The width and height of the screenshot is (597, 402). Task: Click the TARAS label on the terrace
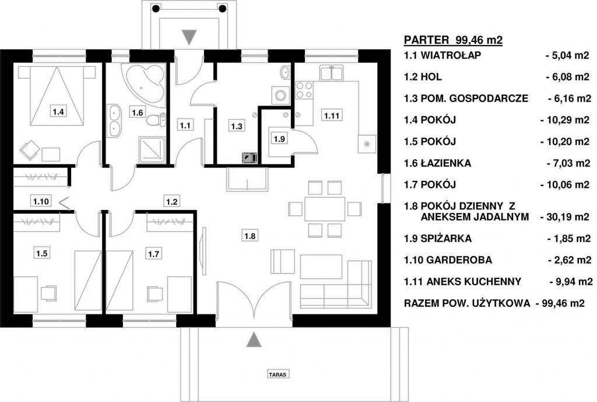pyautogui.click(x=278, y=374)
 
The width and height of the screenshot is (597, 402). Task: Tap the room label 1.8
pyautogui.click(x=250, y=236)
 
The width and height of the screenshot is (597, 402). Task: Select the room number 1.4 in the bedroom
pyautogui.click(x=58, y=111)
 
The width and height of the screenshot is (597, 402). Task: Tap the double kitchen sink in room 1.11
pyautogui.click(x=332, y=73)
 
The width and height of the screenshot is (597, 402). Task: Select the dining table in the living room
pyautogui.click(x=325, y=209)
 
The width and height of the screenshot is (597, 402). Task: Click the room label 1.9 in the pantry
pyautogui.click(x=279, y=139)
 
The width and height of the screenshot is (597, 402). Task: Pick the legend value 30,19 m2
pyautogui.click(x=565, y=217)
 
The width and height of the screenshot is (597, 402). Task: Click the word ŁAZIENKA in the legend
pyautogui.click(x=446, y=163)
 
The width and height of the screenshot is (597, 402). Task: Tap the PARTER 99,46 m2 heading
pyautogui.click(x=453, y=40)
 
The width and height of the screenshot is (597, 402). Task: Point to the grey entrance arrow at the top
pyautogui.click(x=189, y=37)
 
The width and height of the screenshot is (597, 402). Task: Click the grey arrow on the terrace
pyautogui.click(x=254, y=340)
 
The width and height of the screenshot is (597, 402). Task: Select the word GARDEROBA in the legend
pyautogui.click(x=459, y=260)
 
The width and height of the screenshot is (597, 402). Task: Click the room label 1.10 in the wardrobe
pyautogui.click(x=41, y=201)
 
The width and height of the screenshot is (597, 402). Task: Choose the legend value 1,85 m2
pyautogui.click(x=569, y=239)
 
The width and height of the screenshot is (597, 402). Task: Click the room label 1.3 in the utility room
pyautogui.click(x=237, y=126)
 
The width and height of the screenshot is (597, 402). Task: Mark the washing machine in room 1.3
pyautogui.click(x=280, y=95)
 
